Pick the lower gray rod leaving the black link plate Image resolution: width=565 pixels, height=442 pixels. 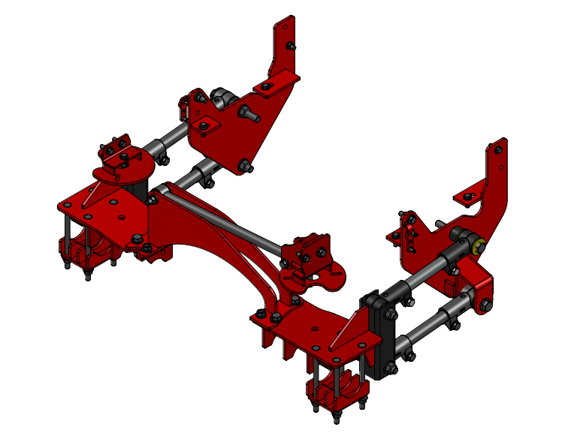click(425, 327)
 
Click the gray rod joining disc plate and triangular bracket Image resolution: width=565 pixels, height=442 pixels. click(174, 135)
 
